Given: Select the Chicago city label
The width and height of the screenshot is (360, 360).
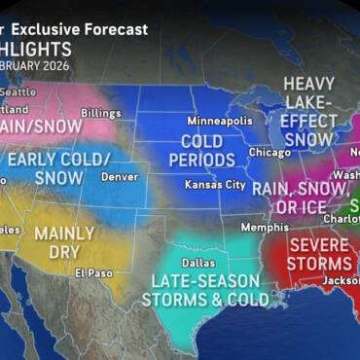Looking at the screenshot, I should (x=268, y=152).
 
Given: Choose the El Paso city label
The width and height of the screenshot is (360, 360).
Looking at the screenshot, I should (x=93, y=273).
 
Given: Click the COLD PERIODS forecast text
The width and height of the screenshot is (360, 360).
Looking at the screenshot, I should (x=206, y=153).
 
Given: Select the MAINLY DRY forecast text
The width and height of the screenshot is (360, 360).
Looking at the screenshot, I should (x=63, y=242).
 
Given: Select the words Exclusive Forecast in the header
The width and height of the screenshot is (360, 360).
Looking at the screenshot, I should (x=93, y=29).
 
